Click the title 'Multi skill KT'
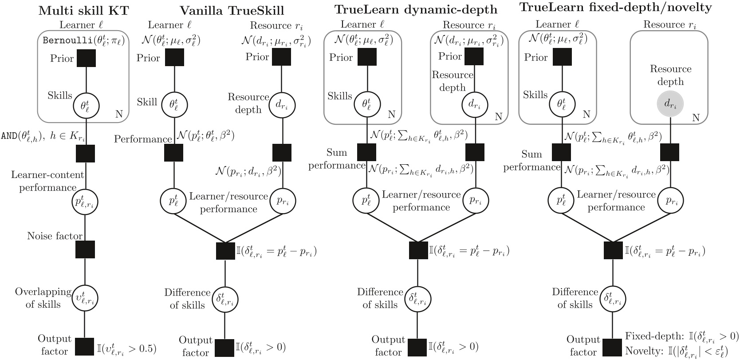tap(83, 10)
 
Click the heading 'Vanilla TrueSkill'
tap(232, 10)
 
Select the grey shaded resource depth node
tap(670, 104)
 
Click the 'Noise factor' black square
tap(85, 249)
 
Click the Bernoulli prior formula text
tap(83, 41)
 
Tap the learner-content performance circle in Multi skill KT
tap(85, 202)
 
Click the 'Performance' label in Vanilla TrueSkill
tap(142, 139)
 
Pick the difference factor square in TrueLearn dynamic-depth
tap(418, 250)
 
